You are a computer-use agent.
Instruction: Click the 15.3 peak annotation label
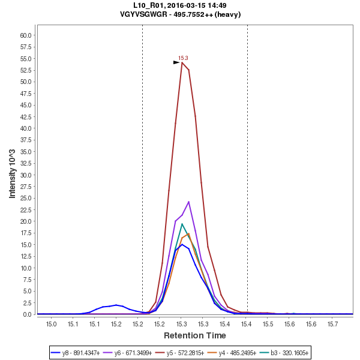coord(183,58)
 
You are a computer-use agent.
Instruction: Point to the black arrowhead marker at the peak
coord(176,62)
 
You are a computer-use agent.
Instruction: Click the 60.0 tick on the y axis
coord(25,35)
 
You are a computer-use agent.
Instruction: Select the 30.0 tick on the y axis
coord(25,175)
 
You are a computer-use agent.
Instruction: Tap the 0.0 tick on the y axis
coord(28,314)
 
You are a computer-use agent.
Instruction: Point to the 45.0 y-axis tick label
coord(25,105)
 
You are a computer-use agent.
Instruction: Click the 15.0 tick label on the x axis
coord(51,324)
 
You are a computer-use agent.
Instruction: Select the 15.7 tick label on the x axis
coord(334,324)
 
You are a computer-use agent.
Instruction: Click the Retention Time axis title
coord(195,335)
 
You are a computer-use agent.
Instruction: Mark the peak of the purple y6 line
coord(188,202)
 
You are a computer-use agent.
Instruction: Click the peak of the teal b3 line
coord(182,224)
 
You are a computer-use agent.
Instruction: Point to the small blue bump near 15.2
coord(116,305)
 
